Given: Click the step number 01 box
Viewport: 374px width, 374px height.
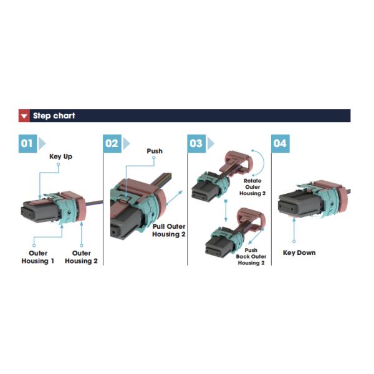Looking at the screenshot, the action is pyautogui.click(x=27, y=143).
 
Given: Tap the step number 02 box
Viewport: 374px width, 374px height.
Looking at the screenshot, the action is pyautogui.click(x=112, y=143).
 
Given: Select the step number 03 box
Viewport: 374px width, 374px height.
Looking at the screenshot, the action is pyautogui.click(x=196, y=143).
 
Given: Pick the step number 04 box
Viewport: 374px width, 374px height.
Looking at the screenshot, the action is pyautogui.click(x=280, y=143).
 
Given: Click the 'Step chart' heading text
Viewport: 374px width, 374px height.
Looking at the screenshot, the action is pyautogui.click(x=54, y=116).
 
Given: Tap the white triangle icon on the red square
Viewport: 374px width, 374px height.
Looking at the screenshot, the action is pyautogui.click(x=24, y=116).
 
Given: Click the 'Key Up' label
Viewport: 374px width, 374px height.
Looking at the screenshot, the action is pyautogui.click(x=61, y=156).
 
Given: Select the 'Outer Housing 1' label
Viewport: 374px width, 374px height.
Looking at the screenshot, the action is pyautogui.click(x=37, y=257).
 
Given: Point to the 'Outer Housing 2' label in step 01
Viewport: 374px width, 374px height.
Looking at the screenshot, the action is pyautogui.click(x=81, y=257).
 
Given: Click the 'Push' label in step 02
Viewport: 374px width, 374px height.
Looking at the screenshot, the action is pyautogui.click(x=155, y=151).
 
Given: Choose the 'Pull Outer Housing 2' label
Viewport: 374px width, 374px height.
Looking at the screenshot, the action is pyautogui.click(x=169, y=230).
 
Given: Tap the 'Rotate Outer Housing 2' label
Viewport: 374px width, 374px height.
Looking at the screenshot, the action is pyautogui.click(x=252, y=187).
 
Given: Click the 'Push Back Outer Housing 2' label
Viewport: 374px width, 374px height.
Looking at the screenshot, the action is pyautogui.click(x=251, y=256).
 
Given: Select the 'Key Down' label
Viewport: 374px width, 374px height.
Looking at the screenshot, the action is pyautogui.click(x=299, y=253).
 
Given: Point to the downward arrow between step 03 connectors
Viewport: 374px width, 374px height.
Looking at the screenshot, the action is pyautogui.click(x=226, y=211).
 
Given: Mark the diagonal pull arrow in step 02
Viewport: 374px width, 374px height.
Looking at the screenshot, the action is pyautogui.click(x=174, y=198).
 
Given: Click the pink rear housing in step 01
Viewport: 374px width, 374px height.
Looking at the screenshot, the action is pyautogui.click(x=81, y=206).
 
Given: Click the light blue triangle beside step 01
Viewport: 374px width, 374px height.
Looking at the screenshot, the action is pyautogui.click(x=42, y=143).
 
